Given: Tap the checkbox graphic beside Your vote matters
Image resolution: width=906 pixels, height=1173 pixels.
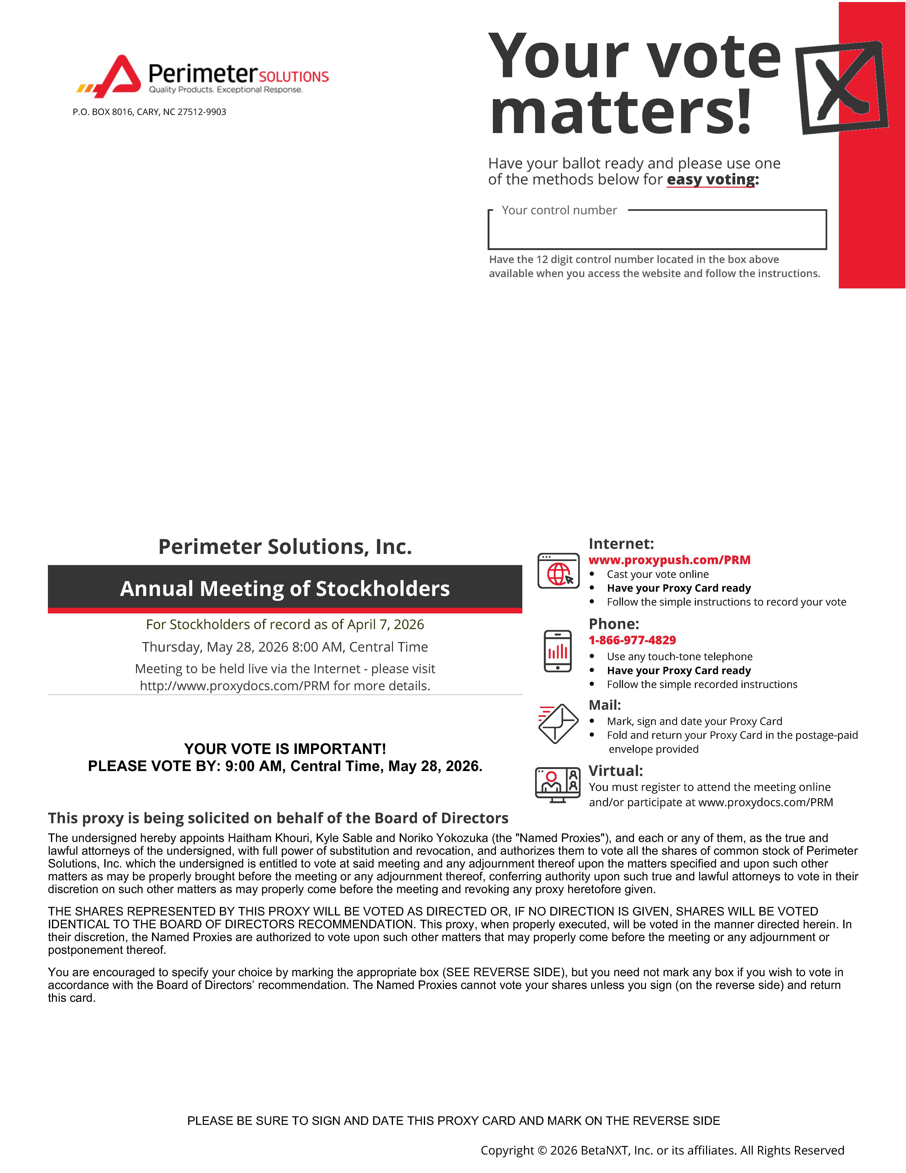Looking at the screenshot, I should [x=840, y=87].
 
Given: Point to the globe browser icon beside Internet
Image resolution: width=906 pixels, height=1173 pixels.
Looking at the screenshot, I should [x=558, y=571].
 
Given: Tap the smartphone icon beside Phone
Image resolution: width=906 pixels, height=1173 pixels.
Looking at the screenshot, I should [x=558, y=651].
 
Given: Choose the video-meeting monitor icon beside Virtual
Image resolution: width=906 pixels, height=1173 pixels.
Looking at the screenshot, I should [x=558, y=785].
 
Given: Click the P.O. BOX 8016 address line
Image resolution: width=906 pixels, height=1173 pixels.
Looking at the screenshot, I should [x=149, y=112].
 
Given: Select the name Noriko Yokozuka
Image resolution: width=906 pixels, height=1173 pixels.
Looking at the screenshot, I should [x=443, y=838].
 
